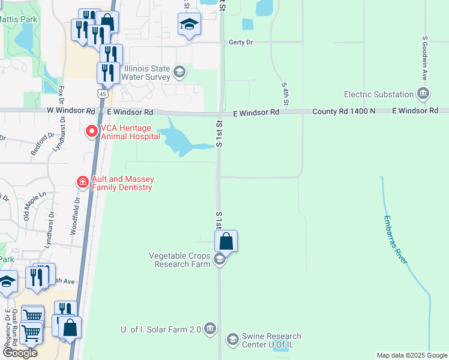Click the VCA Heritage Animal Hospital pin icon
pyautogui.click(x=92, y=131)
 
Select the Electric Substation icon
pyautogui.click(x=424, y=94)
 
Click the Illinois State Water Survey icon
pyautogui.click(x=179, y=73)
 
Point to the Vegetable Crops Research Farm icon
pyautogui.click(x=220, y=259)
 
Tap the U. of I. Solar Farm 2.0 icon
pyautogui.click(x=209, y=328)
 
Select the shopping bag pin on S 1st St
pyautogui.click(x=226, y=242)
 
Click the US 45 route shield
pyautogui.click(x=103, y=94)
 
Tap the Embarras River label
pyautogui.click(x=396, y=239)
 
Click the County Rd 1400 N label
pyautogui.click(x=343, y=112)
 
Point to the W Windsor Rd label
pyautogui.click(x=71, y=112)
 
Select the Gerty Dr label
pyautogui.click(x=241, y=43)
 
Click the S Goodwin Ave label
pyautogui.click(x=424, y=59)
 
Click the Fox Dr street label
pyautogui.click(x=61, y=96)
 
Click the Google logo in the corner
pyautogui.click(x=19, y=353)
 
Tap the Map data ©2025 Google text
pyautogui.click(x=411, y=355)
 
